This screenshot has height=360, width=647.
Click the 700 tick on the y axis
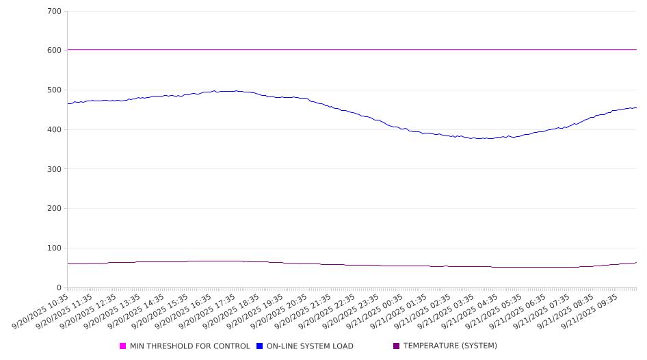55,12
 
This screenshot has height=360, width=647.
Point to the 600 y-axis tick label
55,51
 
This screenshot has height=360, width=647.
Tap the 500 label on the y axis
55,90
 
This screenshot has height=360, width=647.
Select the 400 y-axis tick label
55,130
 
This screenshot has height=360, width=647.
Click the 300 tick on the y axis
55,169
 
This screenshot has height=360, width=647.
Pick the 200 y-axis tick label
55,209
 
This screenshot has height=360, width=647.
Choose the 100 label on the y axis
55,248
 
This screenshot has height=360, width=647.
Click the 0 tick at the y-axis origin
59,287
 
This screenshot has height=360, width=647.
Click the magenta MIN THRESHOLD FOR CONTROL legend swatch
123,346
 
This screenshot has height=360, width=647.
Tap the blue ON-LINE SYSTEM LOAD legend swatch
260,346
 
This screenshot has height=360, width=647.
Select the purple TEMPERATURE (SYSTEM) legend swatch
397,346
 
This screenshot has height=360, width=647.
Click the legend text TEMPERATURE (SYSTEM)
450,346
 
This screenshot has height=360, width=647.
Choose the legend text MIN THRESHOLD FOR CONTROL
190,346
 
